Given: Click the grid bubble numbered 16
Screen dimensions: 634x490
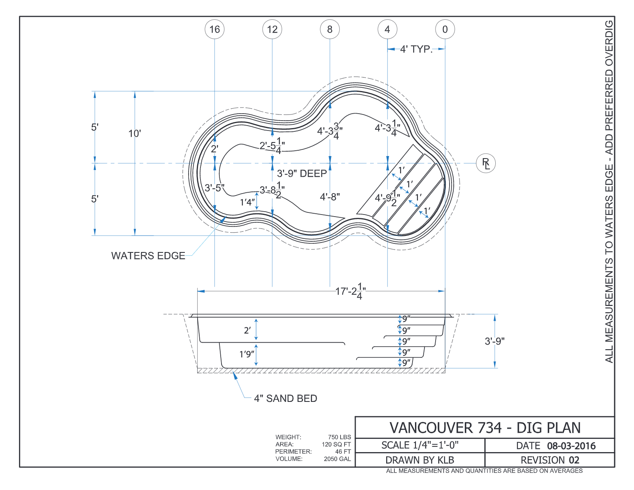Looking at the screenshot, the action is click(x=214, y=29).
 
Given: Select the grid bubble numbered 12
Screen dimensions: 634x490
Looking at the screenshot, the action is click(x=272, y=29).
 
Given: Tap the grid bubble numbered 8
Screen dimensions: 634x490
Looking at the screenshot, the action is click(x=330, y=29).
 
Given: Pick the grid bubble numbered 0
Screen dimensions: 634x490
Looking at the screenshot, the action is click(x=445, y=29).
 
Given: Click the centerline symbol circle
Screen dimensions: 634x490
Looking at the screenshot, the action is click(x=486, y=163).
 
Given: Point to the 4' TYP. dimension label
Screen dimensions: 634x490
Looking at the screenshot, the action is click(x=416, y=49).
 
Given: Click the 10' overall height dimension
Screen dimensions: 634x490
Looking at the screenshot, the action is click(x=135, y=133).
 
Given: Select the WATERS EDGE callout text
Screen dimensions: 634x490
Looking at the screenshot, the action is click(x=148, y=256).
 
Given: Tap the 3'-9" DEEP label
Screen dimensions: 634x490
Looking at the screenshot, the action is click(x=302, y=173).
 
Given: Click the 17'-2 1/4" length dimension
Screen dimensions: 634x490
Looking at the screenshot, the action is click(x=350, y=291).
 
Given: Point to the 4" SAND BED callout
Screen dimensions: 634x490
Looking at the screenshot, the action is click(x=285, y=398).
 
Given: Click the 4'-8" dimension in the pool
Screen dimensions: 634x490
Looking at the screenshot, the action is click(x=330, y=197).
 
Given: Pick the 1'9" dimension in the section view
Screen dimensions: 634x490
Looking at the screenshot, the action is click(x=247, y=354).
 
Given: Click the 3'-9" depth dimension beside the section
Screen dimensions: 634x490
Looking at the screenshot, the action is click(x=495, y=341).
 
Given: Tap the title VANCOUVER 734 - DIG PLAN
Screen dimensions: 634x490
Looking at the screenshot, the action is click(x=485, y=428).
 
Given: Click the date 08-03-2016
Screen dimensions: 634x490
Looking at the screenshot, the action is click(x=571, y=446).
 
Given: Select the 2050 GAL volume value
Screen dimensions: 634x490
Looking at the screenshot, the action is click(x=337, y=459).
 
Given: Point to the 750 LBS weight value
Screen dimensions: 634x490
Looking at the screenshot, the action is click(x=339, y=437).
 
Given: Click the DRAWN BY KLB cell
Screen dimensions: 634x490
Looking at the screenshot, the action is click(x=420, y=460).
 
